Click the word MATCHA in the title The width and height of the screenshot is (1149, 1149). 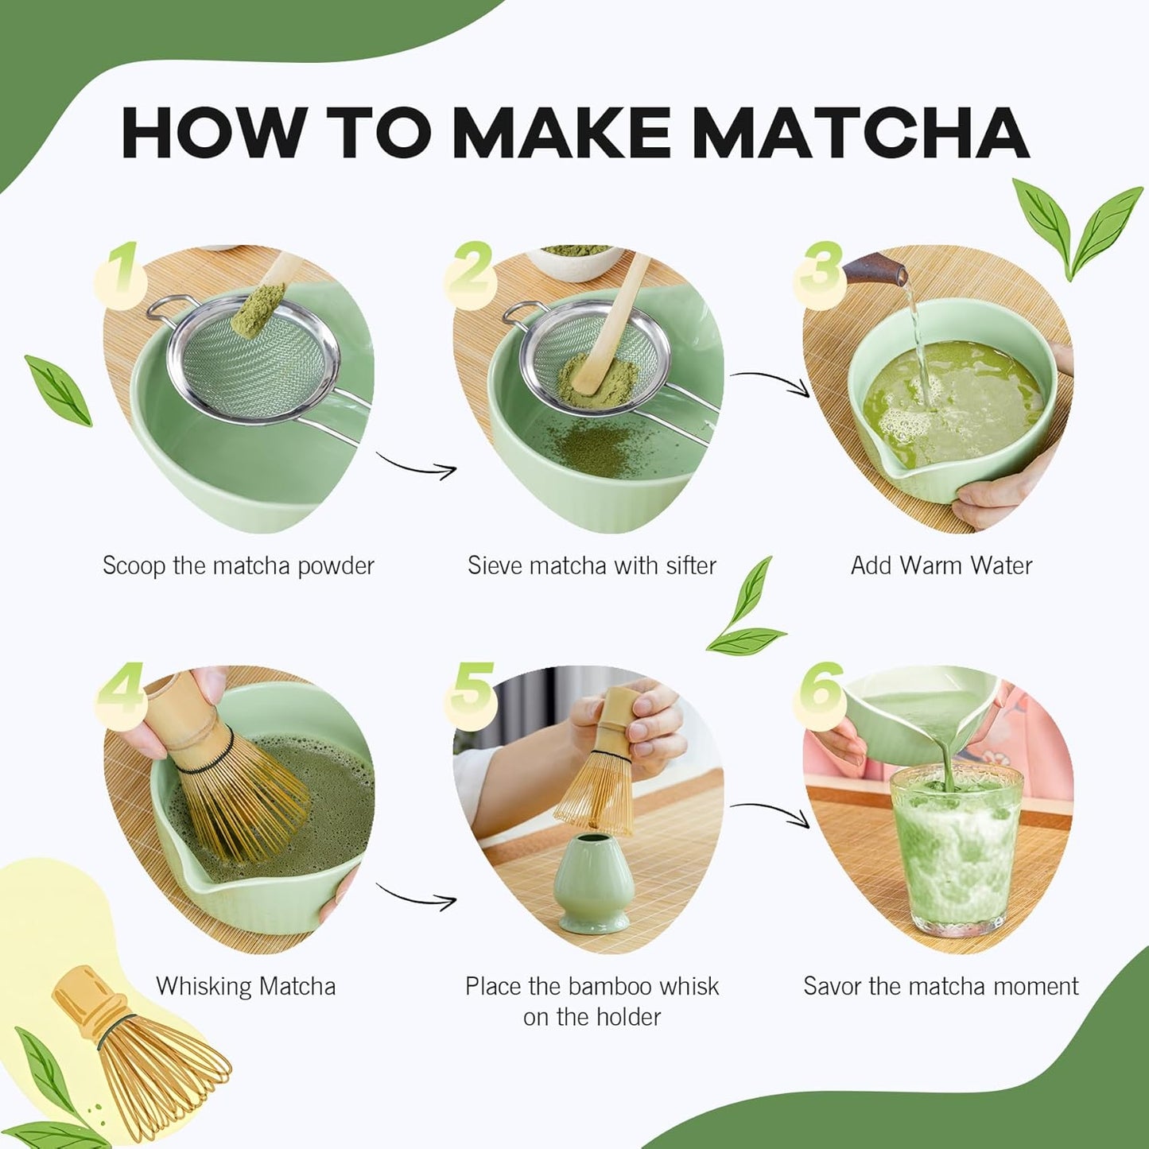(x=860, y=132)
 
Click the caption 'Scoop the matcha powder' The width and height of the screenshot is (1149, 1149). (x=238, y=565)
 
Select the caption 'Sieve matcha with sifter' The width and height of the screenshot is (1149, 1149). (x=592, y=565)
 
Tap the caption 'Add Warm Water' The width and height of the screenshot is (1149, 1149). (x=941, y=565)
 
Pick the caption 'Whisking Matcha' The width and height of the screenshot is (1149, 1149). (x=246, y=986)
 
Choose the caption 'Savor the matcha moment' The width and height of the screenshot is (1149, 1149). (x=941, y=986)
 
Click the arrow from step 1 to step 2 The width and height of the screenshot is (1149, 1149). (x=417, y=467)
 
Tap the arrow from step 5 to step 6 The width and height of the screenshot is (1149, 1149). (x=770, y=813)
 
